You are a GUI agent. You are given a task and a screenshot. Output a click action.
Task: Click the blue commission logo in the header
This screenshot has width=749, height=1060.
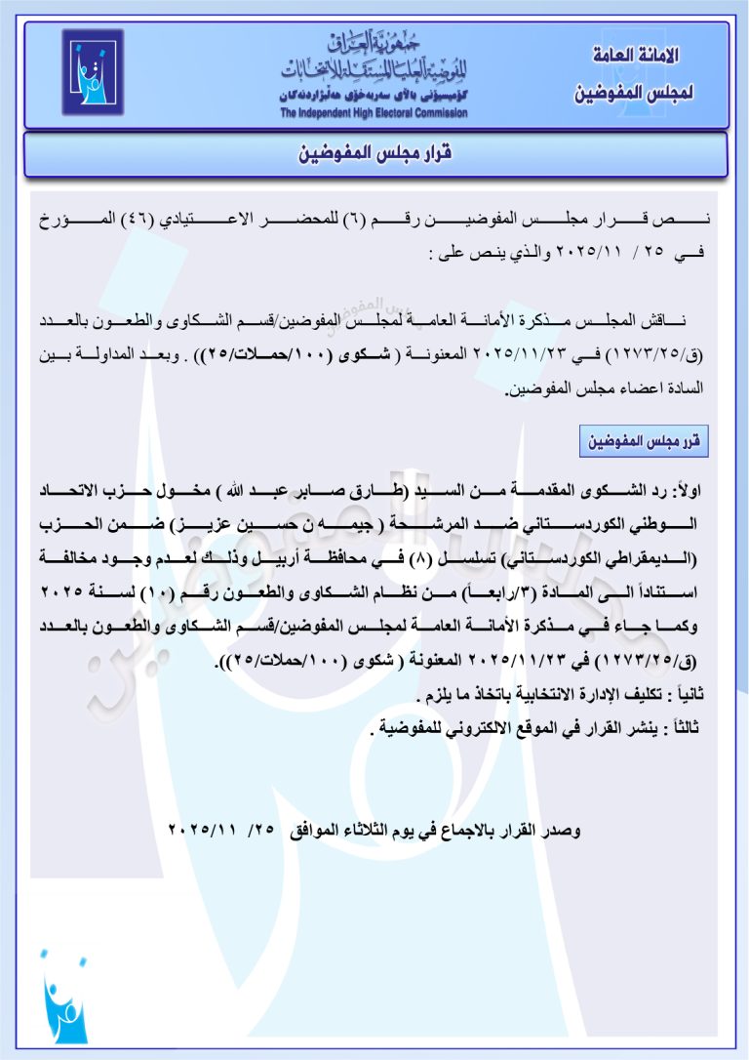[93, 72]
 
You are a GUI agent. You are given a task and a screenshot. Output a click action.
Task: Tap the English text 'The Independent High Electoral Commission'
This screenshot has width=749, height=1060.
[374, 113]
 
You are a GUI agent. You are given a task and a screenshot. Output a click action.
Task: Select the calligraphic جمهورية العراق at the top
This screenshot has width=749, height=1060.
[375, 43]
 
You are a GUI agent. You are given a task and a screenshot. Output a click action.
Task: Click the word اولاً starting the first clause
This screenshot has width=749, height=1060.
[694, 488]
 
